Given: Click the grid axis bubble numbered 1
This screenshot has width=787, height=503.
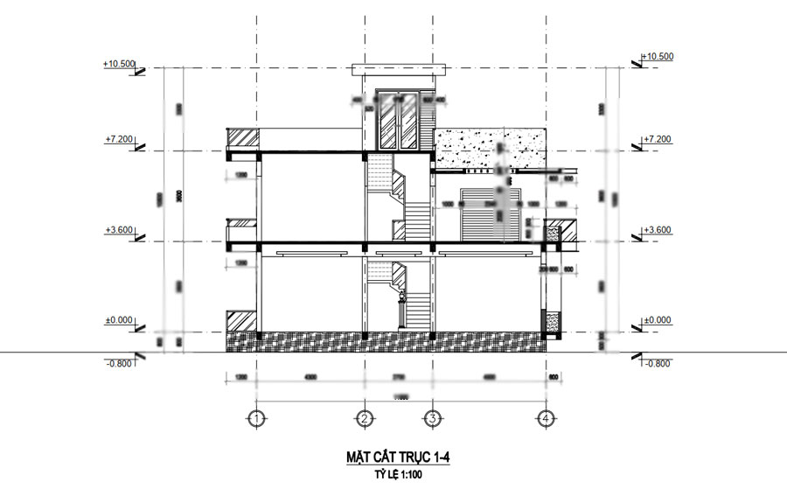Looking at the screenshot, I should click(255, 419).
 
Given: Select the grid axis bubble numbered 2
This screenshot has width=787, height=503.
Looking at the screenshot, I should click(363, 419).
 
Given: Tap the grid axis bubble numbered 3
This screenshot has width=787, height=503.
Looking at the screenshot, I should click(431, 419).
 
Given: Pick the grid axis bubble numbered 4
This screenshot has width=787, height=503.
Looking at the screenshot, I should click(546, 419).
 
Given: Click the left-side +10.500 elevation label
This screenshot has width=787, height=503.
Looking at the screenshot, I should click(119, 64).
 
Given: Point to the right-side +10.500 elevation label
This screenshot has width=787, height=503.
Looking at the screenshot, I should click(658, 57).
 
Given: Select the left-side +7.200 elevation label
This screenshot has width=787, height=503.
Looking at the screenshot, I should click(119, 139).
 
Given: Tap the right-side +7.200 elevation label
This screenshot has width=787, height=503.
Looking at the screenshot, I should click(657, 139).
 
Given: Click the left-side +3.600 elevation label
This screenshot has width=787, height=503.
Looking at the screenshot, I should click(119, 230).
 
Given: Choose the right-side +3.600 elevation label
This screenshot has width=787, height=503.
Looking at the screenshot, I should click(657, 230).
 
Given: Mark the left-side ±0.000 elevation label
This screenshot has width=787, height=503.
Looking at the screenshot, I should click(119, 321).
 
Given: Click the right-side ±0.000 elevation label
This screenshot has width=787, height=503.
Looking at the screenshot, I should click(657, 321).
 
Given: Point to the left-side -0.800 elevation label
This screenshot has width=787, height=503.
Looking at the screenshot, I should click(119, 363).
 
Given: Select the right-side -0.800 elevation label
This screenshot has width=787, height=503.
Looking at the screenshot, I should click(657, 363).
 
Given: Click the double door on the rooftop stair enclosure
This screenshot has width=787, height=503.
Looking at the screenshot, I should click(399, 121).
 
